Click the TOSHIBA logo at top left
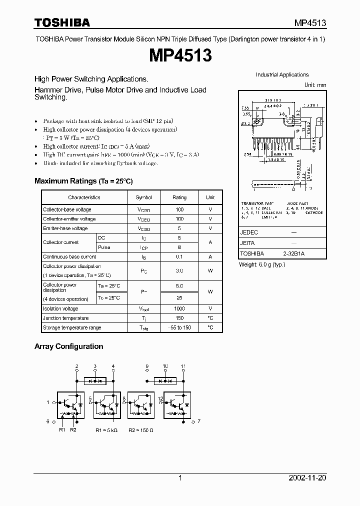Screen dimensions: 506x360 click(62, 22)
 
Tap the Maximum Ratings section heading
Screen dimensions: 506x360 click(83, 181)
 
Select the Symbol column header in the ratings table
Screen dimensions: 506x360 click(144, 197)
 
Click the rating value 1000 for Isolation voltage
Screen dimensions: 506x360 click(179, 309)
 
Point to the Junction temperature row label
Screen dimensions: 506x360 click(66, 318)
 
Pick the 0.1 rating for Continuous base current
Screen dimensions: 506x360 click(179, 256)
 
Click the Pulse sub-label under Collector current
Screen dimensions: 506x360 click(104, 247)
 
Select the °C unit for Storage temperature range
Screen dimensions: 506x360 click(210, 327)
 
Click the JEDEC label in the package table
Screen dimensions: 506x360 click(249, 232)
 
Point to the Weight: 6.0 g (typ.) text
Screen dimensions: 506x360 click(262, 264)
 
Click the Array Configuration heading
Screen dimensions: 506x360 click(68, 346)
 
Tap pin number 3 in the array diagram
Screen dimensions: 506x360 click(95, 366)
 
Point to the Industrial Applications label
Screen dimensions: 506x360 click(282, 75)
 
